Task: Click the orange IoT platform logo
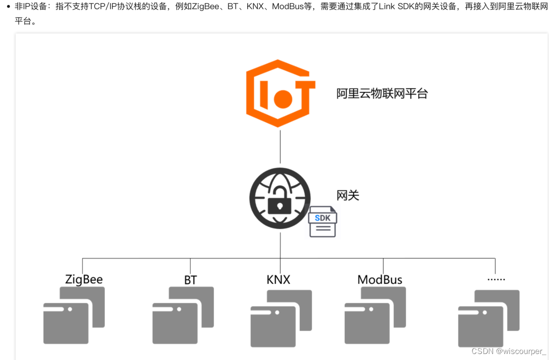tap(280, 93)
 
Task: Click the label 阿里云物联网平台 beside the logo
tap(382, 93)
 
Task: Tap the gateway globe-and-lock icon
tap(280, 198)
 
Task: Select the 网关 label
tap(348, 195)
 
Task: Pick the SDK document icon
tap(323, 221)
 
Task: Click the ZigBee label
tap(84, 279)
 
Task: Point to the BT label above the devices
tap(190, 280)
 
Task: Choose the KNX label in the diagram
tap(278, 279)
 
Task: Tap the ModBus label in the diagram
tap(380, 279)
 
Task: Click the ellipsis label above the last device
tap(496, 278)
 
